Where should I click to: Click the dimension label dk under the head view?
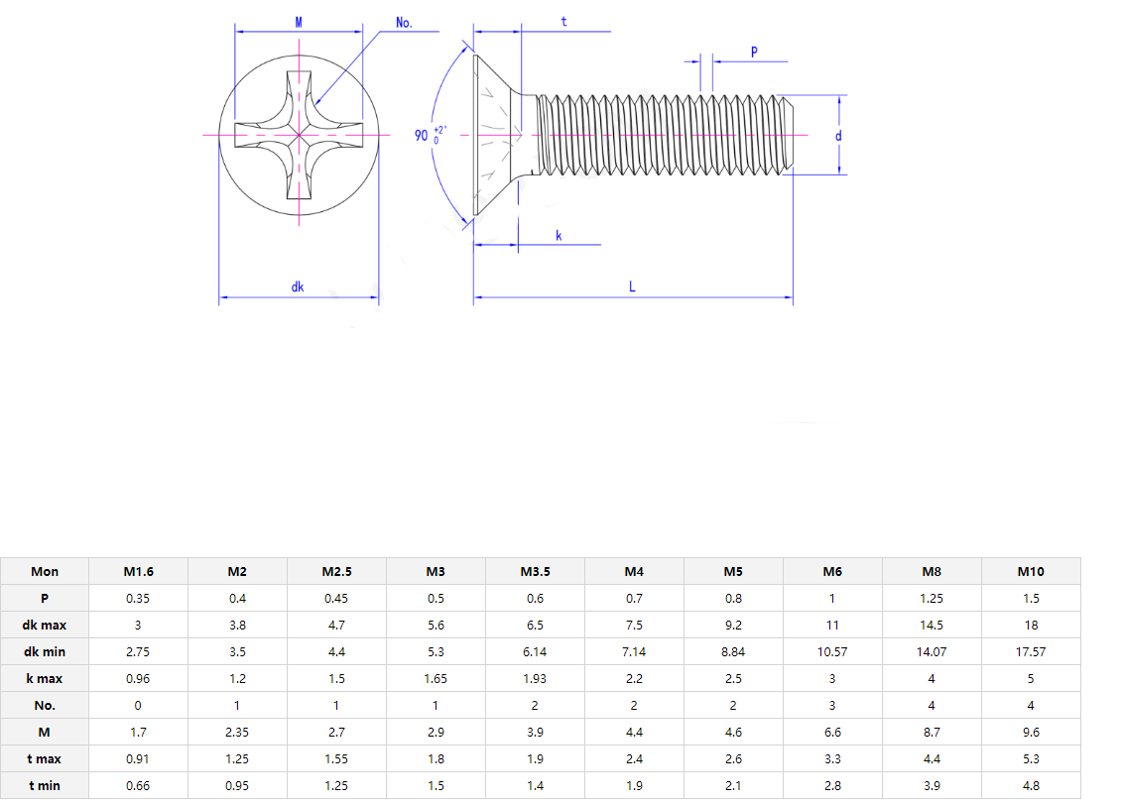click(298, 287)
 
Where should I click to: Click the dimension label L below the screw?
click(632, 287)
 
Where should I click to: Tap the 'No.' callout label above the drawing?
click(404, 22)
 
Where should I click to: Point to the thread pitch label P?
click(754, 52)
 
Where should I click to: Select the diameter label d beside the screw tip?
click(838, 136)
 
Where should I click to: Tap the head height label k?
click(559, 236)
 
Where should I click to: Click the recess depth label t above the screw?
click(564, 21)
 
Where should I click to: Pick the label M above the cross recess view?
click(300, 22)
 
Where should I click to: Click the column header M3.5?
click(535, 571)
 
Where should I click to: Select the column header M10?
click(1031, 571)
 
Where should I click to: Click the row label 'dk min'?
click(45, 651)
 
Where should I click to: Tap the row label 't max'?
click(45, 758)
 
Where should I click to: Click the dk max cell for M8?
click(932, 625)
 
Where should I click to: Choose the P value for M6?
click(832, 598)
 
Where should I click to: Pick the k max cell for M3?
click(436, 678)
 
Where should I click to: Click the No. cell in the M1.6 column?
click(138, 705)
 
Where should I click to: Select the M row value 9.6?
click(1031, 732)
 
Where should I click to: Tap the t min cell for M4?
click(634, 785)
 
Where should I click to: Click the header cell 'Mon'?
click(45, 571)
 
